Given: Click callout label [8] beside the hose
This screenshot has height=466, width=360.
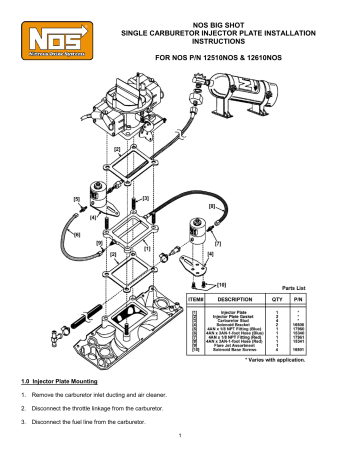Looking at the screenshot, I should pyautogui.click(x=211, y=207).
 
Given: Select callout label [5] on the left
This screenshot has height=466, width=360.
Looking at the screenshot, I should pyautogui.click(x=77, y=199).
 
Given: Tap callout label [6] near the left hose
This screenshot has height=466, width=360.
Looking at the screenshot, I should pyautogui.click(x=77, y=236).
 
